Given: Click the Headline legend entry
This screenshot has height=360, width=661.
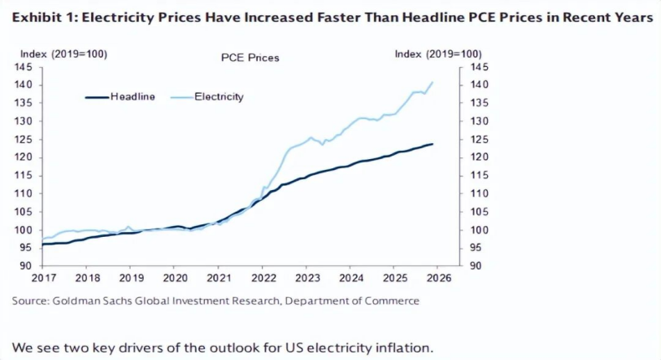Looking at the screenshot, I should click(132, 97).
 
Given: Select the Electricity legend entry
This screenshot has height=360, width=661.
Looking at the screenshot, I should click(218, 97).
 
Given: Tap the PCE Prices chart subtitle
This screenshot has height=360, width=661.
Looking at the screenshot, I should click(249, 58).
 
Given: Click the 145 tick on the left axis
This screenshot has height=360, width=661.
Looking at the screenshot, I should click(24, 67).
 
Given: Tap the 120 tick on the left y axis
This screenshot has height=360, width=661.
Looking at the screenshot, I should click(24, 157).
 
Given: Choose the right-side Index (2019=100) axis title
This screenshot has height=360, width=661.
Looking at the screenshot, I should click(438, 54).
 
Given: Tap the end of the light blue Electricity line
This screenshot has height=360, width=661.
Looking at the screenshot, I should click(432, 82).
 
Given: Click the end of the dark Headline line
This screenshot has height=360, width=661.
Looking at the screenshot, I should click(432, 144).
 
